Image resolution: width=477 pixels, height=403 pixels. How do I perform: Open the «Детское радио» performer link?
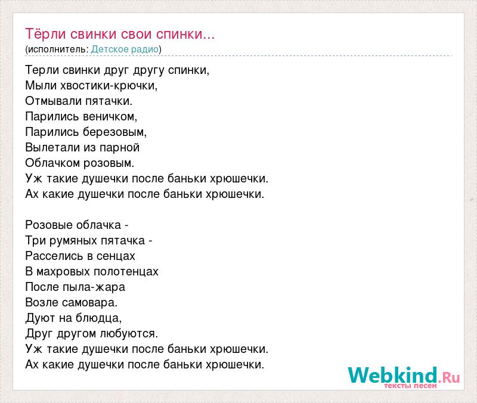point(125,49)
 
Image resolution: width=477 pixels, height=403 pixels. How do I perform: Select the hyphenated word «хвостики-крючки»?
point(109,85)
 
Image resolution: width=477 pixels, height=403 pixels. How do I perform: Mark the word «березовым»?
point(114,132)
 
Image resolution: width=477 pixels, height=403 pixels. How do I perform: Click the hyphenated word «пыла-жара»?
point(94,287)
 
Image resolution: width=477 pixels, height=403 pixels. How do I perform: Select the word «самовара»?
point(89,303)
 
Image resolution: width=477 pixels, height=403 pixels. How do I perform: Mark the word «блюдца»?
point(98,318)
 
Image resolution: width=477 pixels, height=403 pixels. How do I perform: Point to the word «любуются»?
point(129,334)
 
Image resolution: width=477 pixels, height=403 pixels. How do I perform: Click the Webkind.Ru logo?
point(404,376)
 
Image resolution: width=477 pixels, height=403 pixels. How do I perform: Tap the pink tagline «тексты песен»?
point(410,386)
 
